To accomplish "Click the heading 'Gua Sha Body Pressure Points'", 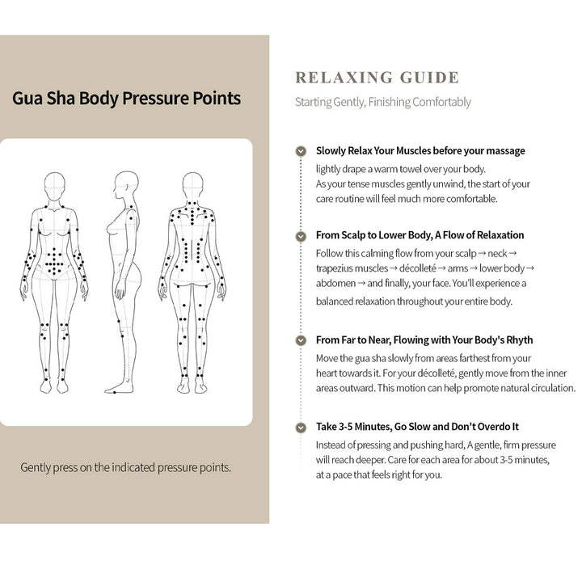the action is click(x=126, y=99).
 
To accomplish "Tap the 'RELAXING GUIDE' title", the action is click(x=377, y=78).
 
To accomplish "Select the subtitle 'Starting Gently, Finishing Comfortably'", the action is click(x=382, y=102).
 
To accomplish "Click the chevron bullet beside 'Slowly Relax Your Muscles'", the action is click(x=301, y=151).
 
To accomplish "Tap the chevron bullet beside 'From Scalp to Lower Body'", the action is click(x=301, y=236).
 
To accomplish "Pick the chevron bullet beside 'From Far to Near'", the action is click(x=301, y=340).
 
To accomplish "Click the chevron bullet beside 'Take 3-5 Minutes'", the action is click(x=301, y=428).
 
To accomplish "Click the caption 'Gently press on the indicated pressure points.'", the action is click(x=125, y=468).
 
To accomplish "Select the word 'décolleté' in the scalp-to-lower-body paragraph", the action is click(x=418, y=268).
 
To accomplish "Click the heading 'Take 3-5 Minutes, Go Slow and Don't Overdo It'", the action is click(x=417, y=427).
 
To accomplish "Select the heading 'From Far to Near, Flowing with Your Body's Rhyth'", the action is click(x=424, y=340).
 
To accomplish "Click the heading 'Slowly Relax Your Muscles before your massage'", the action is click(x=420, y=150).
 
